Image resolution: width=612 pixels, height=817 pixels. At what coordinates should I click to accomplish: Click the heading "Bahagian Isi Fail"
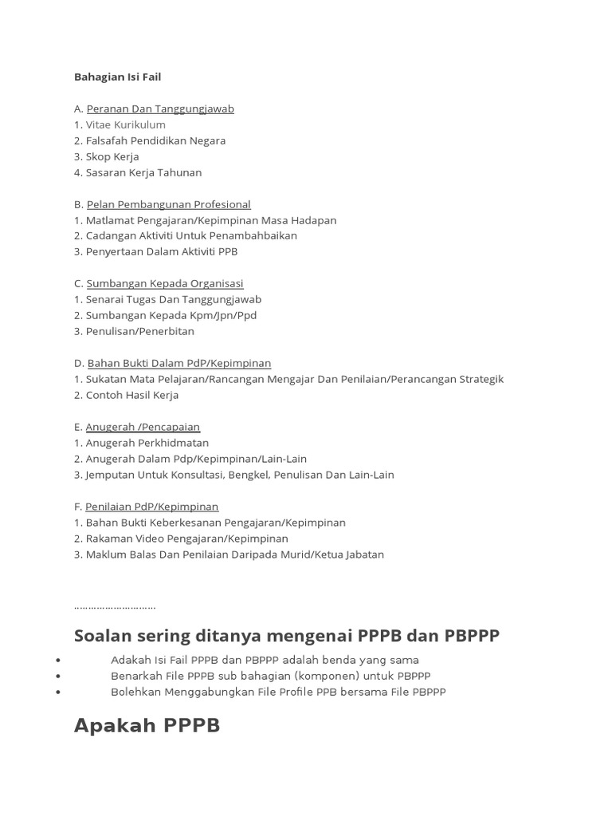point(117,77)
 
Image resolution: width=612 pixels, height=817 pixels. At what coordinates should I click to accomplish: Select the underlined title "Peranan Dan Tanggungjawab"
point(160,109)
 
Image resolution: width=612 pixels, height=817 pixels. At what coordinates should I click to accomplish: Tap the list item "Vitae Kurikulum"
point(125,124)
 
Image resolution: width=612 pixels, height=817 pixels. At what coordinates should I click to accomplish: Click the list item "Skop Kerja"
point(112,156)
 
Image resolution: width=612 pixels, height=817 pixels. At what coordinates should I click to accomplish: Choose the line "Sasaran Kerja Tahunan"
point(143,172)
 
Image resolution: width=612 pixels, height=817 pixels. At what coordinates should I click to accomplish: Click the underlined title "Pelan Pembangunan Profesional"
point(168,204)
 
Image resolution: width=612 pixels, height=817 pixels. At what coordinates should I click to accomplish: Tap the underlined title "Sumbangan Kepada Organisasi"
point(165,283)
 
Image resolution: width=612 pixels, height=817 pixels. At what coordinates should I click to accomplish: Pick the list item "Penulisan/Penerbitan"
point(139,331)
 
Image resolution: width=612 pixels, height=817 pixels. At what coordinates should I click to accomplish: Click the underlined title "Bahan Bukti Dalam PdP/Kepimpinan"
point(179,363)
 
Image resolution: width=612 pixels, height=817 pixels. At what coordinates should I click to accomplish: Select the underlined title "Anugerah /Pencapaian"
point(143,427)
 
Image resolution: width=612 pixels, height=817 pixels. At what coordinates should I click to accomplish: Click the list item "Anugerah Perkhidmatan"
point(147,443)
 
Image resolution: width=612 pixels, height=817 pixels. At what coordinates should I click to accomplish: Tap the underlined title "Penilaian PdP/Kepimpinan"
point(151,507)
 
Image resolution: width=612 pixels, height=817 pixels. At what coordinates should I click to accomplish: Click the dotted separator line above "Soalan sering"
point(115,607)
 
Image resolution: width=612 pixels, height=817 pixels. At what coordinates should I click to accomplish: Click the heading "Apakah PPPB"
point(147,725)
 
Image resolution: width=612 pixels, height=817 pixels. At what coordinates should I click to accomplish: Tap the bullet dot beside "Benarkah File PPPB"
point(59,677)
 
